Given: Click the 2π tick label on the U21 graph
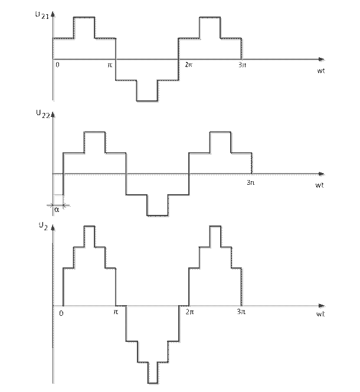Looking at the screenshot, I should point(188,65).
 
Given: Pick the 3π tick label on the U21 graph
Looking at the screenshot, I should point(241,65).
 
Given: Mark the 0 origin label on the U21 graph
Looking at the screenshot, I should point(57,65).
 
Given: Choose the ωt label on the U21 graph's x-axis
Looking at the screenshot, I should point(321,70).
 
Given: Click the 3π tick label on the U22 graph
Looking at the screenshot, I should point(250,181).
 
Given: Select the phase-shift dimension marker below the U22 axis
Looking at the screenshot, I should point(58,207).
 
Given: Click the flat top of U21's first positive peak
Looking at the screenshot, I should point(84,18).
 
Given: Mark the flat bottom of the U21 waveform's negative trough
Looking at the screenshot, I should point(147,102).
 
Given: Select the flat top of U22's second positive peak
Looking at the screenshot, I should point(221,133).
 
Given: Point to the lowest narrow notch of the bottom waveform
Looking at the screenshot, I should point(153,382).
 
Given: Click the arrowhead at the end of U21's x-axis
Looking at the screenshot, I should point(322,60).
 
